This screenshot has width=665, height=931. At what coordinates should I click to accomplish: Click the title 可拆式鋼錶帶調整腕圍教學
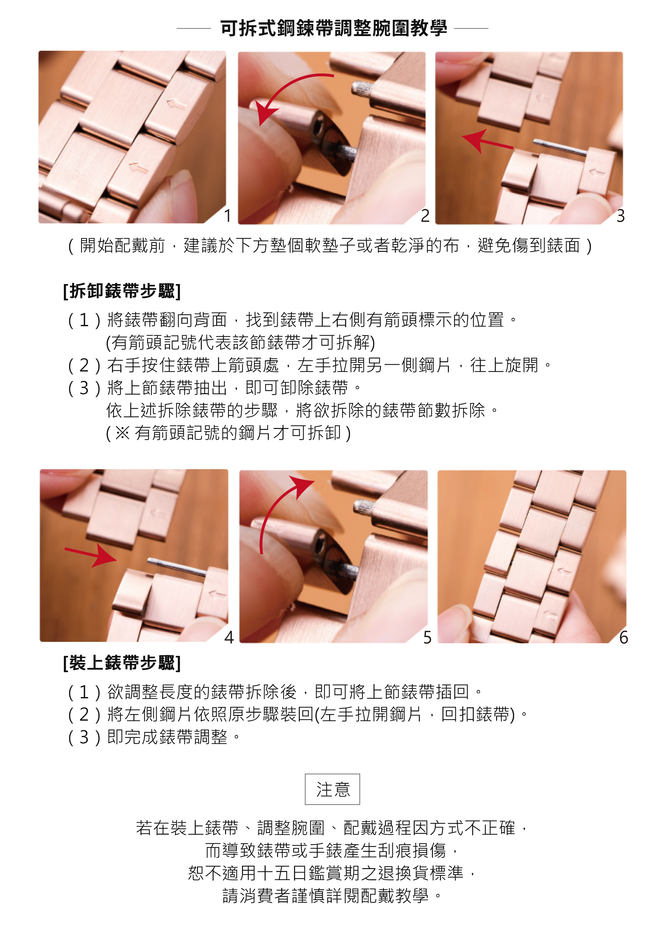pyautogui.click(x=333, y=28)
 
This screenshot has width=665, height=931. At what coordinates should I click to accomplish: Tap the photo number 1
pyautogui.click(x=228, y=216)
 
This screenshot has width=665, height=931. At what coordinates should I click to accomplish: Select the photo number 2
pyautogui.click(x=426, y=216)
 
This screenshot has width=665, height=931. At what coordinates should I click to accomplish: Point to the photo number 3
pyautogui.click(x=621, y=216)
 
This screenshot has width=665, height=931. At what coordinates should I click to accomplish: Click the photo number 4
pyautogui.click(x=229, y=637)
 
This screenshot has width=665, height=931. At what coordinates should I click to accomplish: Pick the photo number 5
pyautogui.click(x=427, y=637)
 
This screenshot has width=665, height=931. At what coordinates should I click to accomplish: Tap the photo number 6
pyautogui.click(x=623, y=637)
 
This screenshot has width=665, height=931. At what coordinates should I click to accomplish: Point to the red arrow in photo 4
pyautogui.click(x=91, y=555)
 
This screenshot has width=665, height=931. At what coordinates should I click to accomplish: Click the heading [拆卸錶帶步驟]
pyautogui.click(x=122, y=291)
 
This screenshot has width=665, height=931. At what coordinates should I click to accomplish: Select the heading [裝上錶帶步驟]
pyautogui.click(x=122, y=663)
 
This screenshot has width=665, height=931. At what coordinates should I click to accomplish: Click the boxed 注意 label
pyautogui.click(x=333, y=789)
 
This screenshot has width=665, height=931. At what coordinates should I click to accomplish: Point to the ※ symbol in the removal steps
pyautogui.click(x=122, y=433)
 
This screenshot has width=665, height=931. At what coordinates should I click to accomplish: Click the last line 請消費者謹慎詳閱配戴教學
pyautogui.click(x=332, y=896)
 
